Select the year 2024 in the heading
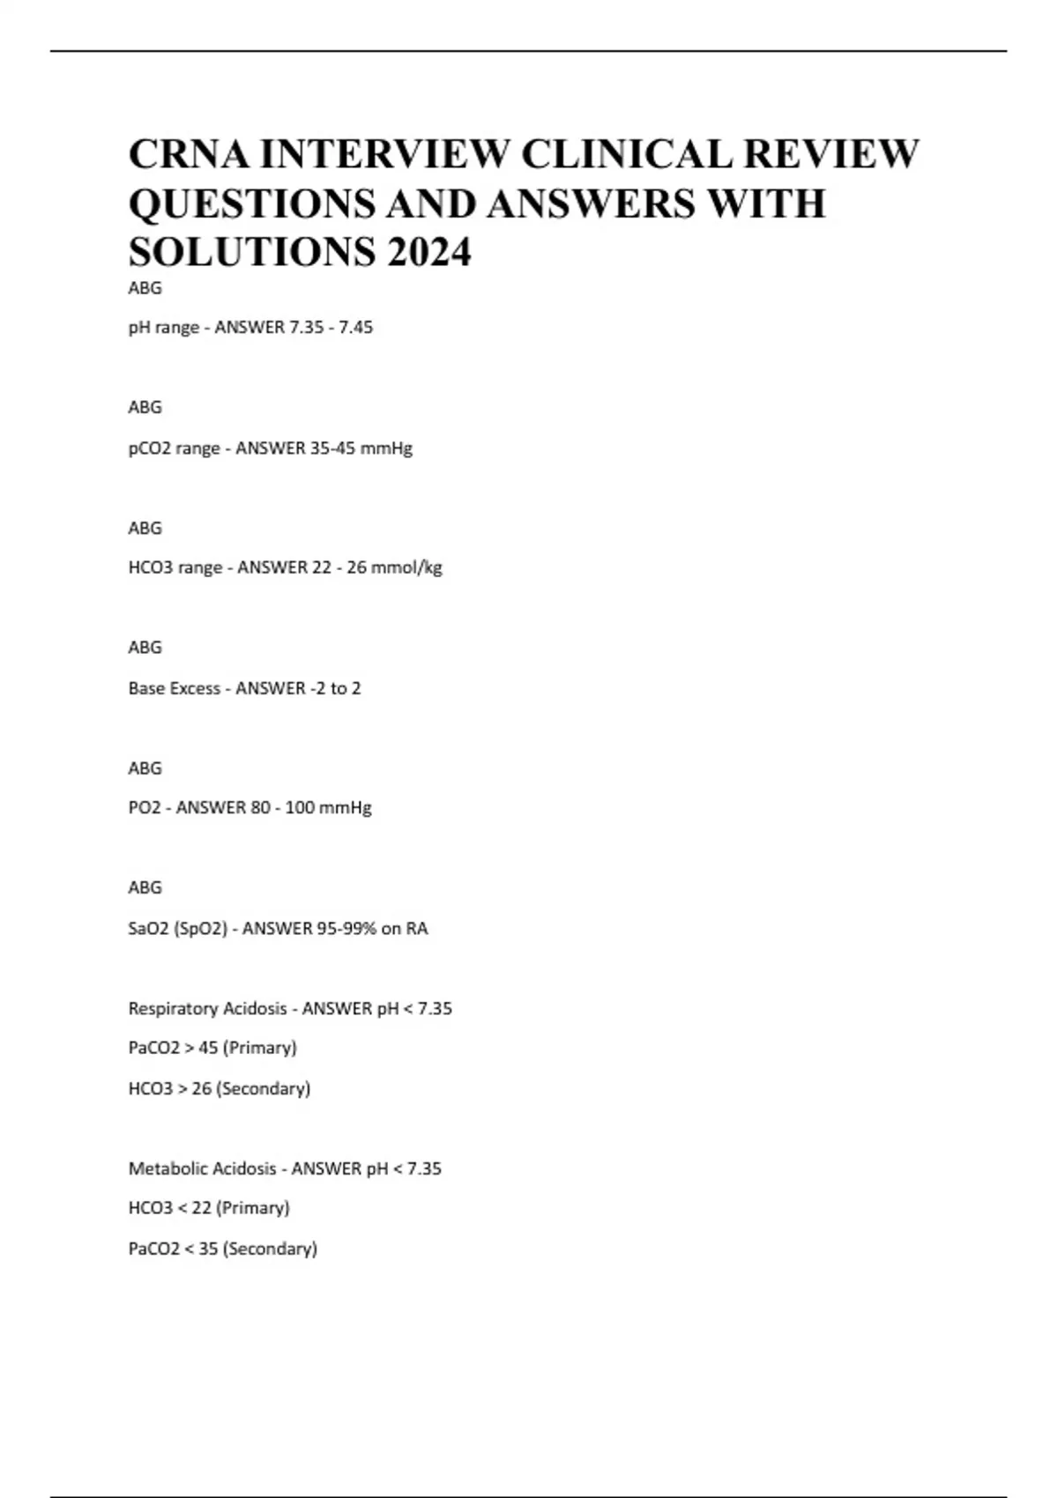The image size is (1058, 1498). [x=428, y=253]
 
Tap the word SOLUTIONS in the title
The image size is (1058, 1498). [x=251, y=253]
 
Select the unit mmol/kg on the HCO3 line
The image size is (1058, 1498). [x=406, y=568]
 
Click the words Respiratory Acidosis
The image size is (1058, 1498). [x=207, y=1009]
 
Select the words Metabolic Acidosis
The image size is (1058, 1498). [x=202, y=1169]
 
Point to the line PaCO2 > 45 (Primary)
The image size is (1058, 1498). [x=212, y=1049]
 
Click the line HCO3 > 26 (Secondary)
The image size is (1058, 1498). [x=220, y=1089]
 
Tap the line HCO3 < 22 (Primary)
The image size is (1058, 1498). [x=209, y=1208]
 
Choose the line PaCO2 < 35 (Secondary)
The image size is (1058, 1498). [x=223, y=1249]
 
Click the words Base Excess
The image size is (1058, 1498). [x=174, y=688]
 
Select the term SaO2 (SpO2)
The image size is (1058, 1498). [x=177, y=929]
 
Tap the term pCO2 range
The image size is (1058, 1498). [x=174, y=449]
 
